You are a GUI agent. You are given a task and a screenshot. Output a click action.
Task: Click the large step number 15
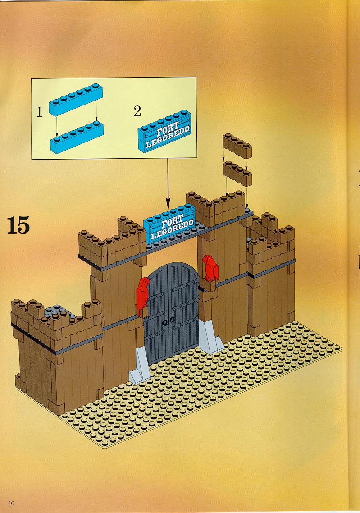point(18,225)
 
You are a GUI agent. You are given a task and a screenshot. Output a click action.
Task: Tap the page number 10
point(12,503)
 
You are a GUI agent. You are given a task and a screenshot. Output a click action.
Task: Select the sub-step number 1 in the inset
point(39,112)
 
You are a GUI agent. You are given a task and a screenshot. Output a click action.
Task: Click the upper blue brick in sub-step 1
point(76,100)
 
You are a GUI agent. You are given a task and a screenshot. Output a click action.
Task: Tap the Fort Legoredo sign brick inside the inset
point(164,131)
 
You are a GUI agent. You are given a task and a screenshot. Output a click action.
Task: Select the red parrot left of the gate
point(142,296)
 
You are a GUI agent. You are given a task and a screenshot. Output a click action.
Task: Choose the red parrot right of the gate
point(210,268)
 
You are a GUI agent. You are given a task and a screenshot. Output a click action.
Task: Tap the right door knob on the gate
point(173,319)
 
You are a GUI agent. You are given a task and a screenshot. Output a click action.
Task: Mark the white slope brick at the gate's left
point(140,366)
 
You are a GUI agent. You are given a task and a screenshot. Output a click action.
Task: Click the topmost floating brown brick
point(237,146)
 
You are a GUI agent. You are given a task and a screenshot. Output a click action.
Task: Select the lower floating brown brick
point(237,173)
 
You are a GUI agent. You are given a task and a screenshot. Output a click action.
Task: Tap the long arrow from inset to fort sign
point(168,183)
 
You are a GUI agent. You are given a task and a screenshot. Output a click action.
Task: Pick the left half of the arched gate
point(156,316)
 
